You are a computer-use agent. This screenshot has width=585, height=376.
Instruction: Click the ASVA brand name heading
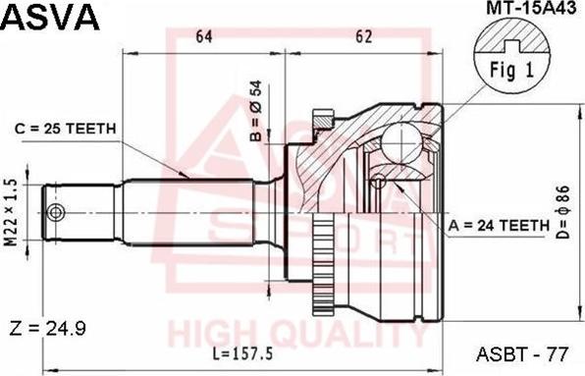pos(51,18)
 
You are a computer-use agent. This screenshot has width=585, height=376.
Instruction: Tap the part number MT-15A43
pos(531,8)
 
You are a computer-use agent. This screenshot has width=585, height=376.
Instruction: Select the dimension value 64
pos(204,36)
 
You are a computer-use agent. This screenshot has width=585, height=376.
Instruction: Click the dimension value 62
pos(364,36)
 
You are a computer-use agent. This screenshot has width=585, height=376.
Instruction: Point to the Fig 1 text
pos(512,70)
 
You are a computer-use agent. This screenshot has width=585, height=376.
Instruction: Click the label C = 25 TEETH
pos(66,129)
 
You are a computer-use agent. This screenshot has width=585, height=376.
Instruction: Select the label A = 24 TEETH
pos(500,225)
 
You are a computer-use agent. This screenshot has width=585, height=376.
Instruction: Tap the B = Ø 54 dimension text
pos(256,111)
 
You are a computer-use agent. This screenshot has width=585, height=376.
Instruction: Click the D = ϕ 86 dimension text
pos(563,211)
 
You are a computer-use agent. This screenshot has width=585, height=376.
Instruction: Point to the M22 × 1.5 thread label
pos(12,213)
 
